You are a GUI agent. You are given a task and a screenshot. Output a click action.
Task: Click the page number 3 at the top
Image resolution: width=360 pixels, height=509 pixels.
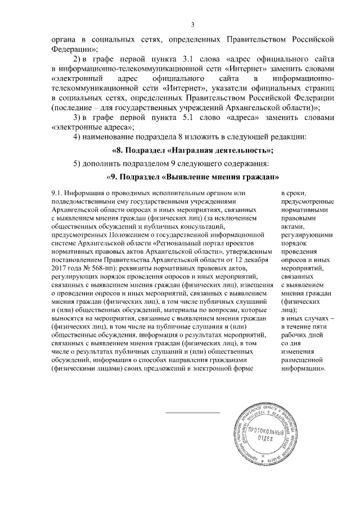coord(192,24)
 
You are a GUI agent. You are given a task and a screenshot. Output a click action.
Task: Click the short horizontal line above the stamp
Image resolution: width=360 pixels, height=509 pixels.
coord(192,413)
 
